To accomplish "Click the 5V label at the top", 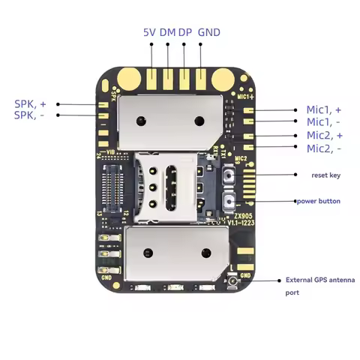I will pyautogui.click(x=151, y=33).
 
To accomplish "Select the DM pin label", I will pyautogui.click(x=168, y=33).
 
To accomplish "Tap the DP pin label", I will pyautogui.click(x=184, y=33).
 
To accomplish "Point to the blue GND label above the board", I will pyautogui.click(x=208, y=33).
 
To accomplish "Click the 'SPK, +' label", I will pyautogui.click(x=30, y=103).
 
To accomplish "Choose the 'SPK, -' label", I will pyautogui.click(x=30, y=115).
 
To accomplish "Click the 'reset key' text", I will pyautogui.click(x=326, y=175).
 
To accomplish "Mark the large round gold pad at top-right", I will pyautogui.click(x=223, y=77).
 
